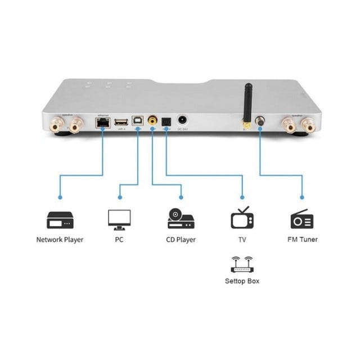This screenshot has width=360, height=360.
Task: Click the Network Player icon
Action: [60, 219]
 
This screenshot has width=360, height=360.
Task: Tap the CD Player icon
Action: [181, 219]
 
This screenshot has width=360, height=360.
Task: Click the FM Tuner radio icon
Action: [302, 219]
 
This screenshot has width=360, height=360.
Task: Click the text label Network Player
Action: [60, 240]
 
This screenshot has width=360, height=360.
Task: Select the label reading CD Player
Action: [181, 240]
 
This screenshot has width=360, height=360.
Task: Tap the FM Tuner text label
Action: [302, 240]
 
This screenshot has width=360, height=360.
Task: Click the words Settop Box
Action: [242, 281]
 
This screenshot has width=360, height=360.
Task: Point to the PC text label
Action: [119, 240]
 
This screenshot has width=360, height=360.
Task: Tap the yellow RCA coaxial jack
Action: [152, 120]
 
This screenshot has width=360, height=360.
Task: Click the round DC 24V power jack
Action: [183, 120]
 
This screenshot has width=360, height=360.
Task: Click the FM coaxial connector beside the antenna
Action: [260, 121]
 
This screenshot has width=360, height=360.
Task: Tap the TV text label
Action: [242, 240]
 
